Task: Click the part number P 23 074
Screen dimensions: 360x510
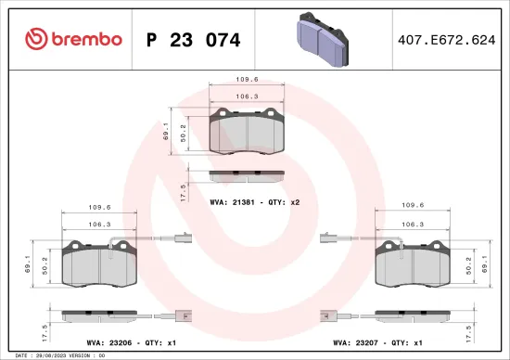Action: click(194, 40)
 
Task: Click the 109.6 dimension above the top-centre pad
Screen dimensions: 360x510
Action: click(246, 79)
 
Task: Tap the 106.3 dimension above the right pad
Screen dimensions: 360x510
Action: click(413, 224)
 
